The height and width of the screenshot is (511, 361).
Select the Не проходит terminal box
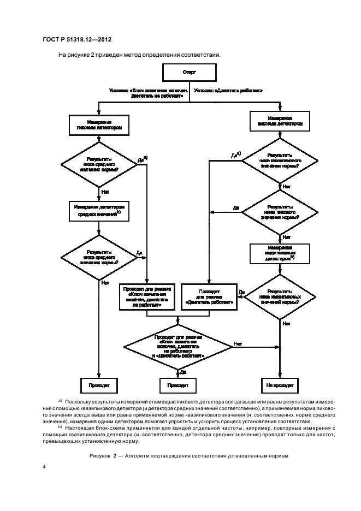point(280,385)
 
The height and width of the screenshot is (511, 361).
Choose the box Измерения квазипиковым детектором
point(280,253)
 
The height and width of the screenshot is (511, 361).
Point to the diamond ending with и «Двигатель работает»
point(179,347)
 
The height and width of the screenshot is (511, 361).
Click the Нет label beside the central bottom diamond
point(238,344)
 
